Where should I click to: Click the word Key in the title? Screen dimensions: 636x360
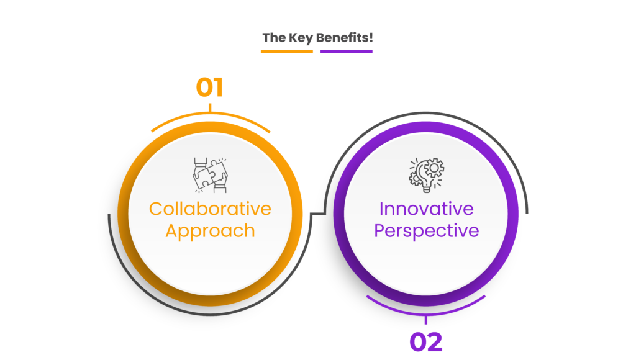click(301, 38)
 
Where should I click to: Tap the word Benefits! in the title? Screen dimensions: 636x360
click(344, 38)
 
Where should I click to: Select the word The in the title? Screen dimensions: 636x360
click(274, 38)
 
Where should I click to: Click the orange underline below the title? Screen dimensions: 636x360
click(287, 52)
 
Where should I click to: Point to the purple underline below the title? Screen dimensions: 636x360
click(347, 52)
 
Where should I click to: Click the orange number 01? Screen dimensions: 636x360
click(209, 88)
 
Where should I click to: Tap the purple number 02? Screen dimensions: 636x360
click(426, 342)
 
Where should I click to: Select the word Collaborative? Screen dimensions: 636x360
click(210, 209)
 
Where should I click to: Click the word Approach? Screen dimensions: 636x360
click(210, 232)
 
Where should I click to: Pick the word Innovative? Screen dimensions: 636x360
click(426, 209)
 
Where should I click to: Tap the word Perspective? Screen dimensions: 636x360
click(426, 231)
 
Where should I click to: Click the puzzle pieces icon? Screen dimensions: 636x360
click(210, 175)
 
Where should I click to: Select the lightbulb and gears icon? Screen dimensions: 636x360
click(426, 175)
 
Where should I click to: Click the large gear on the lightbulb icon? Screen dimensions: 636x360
click(434, 168)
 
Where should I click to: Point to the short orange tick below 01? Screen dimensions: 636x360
click(210, 108)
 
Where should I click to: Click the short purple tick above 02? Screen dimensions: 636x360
click(426, 320)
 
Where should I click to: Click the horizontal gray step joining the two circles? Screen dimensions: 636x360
click(318, 214)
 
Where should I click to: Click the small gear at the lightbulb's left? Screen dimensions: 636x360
click(416, 179)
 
